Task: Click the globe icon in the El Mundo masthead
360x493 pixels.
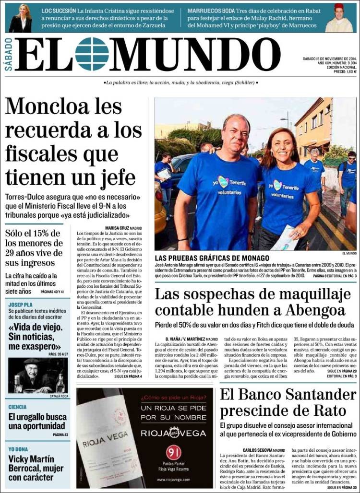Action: [92, 54]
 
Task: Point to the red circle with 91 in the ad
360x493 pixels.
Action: [173, 452]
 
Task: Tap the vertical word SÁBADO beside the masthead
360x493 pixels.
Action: [9, 54]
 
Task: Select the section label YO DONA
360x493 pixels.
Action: [18, 449]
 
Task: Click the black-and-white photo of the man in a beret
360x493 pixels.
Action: [38, 376]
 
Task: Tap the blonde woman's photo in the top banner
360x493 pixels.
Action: [20, 18]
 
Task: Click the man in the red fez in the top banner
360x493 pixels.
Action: [339, 18]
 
